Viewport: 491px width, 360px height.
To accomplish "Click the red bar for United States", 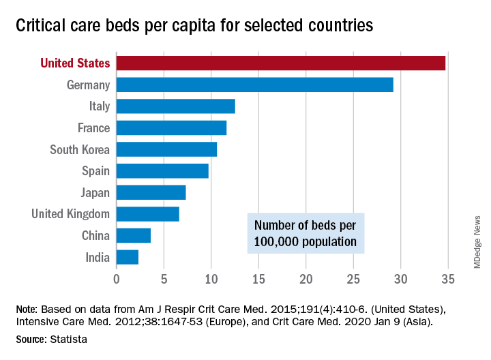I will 280,63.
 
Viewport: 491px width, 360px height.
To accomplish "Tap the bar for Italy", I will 175,106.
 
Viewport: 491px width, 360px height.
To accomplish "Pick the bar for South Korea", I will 166,149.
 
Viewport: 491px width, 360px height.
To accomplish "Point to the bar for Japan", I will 151,192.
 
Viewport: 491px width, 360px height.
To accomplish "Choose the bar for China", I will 133,235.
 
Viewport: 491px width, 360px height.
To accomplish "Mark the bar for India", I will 127,257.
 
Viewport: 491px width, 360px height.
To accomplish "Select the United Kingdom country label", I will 70,214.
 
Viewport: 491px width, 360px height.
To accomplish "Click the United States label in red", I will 75,63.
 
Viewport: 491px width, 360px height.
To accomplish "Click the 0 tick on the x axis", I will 117,279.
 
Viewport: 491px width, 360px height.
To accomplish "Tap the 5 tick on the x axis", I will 164,279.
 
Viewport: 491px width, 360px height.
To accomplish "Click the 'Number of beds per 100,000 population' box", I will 305,233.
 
